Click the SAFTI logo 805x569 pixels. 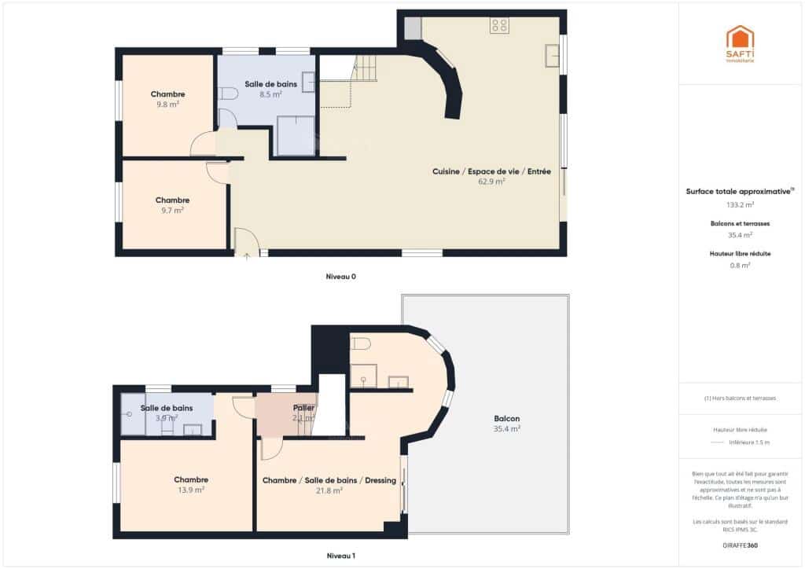[x=739, y=43]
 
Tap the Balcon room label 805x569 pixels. [x=507, y=419]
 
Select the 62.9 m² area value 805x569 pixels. [x=491, y=181]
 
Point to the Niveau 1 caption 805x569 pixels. [x=342, y=556]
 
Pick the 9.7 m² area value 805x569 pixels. [x=172, y=210]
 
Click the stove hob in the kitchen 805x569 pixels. [x=499, y=25]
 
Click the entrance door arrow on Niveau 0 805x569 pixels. [x=247, y=255]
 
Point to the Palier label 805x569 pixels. [x=303, y=409]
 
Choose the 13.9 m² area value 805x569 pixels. [x=191, y=490]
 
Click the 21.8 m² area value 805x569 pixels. [x=329, y=490]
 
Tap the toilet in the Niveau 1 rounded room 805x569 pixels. [x=361, y=344]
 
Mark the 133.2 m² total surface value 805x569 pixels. [x=740, y=204]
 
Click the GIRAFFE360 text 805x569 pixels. [x=740, y=545]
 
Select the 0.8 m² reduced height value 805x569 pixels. [x=740, y=265]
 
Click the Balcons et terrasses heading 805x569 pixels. [x=740, y=223]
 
